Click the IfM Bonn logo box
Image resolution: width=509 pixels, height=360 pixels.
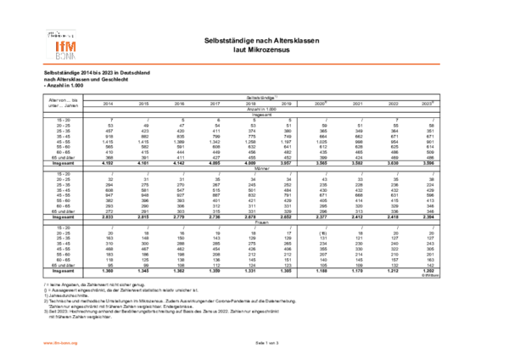(61, 43)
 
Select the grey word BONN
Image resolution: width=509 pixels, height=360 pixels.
(65, 57)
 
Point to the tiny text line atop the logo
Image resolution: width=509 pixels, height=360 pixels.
(60, 34)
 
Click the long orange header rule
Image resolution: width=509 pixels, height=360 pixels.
(242, 64)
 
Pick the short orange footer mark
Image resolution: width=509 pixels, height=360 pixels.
(60, 343)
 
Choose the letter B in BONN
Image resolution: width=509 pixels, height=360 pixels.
(58, 57)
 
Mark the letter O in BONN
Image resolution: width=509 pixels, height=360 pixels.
(63, 57)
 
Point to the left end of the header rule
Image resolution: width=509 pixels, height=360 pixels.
(42, 64)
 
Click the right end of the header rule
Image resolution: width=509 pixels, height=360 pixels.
(440, 64)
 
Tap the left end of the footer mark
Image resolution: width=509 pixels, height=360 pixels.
(43, 343)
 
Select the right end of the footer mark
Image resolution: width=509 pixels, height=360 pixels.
(78, 343)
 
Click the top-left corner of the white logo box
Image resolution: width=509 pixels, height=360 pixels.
(44, 27)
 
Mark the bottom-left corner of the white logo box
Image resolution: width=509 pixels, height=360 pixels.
(44, 61)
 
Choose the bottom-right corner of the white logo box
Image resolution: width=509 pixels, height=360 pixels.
(79, 61)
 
